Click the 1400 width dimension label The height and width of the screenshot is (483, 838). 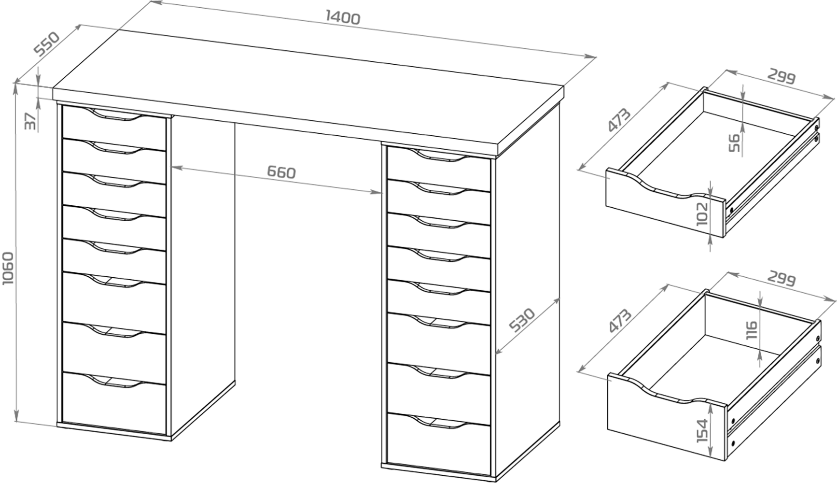[x=343, y=17]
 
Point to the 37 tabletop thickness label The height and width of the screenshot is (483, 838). [x=30, y=121]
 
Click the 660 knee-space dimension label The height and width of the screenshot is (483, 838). [x=281, y=172]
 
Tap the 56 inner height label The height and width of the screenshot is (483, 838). [x=734, y=143]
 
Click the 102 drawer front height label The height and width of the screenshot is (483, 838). [x=702, y=213]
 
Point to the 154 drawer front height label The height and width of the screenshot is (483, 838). [x=702, y=431]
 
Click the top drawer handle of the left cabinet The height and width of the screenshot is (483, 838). [x=116, y=116]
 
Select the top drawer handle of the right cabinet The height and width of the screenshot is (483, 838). [x=440, y=156]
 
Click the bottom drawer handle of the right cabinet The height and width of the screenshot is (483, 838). [x=440, y=422]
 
